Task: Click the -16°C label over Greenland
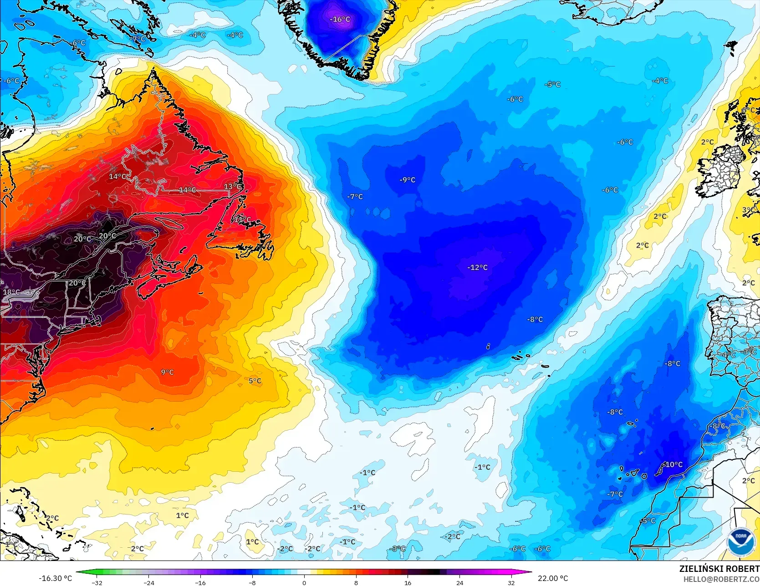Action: [340, 19]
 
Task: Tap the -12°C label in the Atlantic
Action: [477, 267]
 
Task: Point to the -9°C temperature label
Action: [408, 180]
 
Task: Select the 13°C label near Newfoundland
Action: [232, 187]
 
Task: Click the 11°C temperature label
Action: [242, 219]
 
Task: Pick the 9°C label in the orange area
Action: [167, 372]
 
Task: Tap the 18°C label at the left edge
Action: [11, 292]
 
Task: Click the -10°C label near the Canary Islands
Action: [673, 464]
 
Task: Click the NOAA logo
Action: [740, 542]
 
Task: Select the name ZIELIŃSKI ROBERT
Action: [719, 569]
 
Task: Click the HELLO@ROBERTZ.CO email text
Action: [721, 579]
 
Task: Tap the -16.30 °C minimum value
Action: [55, 578]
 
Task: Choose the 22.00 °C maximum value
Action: [553, 578]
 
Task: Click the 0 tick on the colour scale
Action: [304, 582]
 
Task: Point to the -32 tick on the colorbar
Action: [97, 582]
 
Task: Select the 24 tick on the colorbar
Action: [459, 582]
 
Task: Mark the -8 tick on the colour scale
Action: [252, 582]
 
